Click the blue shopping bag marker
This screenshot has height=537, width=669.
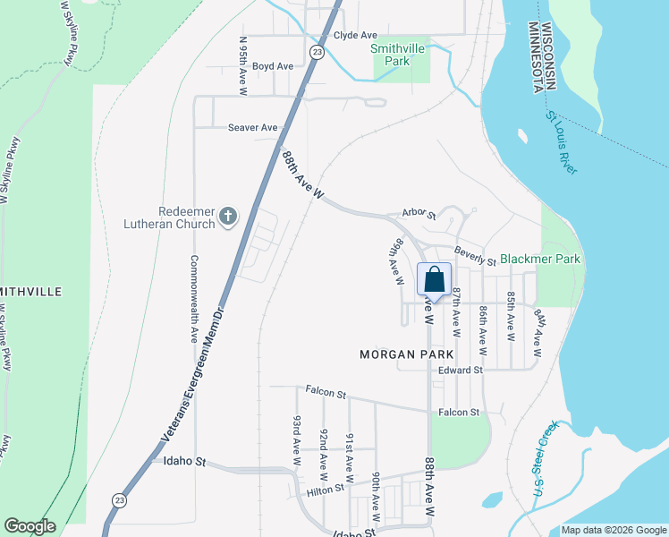click(434, 279)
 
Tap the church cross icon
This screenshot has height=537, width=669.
click(228, 216)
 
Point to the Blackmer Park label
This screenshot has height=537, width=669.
click(540, 259)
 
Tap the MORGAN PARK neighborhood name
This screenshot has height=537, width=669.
click(400, 354)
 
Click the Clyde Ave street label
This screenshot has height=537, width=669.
click(355, 35)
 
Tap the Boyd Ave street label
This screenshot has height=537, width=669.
click(272, 66)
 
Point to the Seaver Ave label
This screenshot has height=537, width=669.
click(252, 128)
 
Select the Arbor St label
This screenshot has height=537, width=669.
click(418, 215)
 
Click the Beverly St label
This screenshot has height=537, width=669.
click(474, 255)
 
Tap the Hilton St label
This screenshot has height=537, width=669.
click(326, 490)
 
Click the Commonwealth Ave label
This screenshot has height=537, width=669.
click(193, 299)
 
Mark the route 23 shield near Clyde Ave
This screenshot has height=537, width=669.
click(317, 53)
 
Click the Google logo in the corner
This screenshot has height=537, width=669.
click(30, 526)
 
